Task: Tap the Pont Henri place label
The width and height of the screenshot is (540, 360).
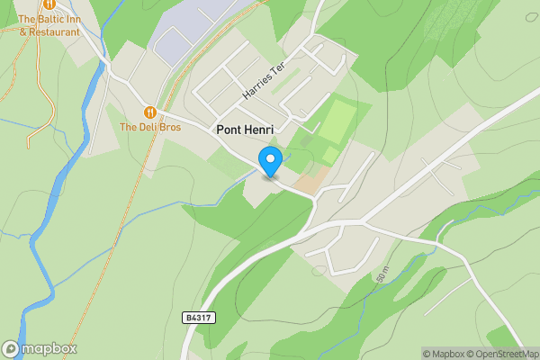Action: coord(245,130)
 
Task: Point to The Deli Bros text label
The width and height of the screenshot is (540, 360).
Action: coord(150,128)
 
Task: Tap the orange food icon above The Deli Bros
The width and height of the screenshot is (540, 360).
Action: coord(149,112)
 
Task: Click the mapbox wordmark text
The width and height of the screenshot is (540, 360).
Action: coord(49,349)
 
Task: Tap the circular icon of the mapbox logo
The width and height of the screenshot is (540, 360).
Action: coord(11,349)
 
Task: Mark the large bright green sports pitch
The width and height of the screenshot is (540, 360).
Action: coord(336,122)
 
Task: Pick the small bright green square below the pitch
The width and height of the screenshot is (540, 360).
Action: coord(330,155)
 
